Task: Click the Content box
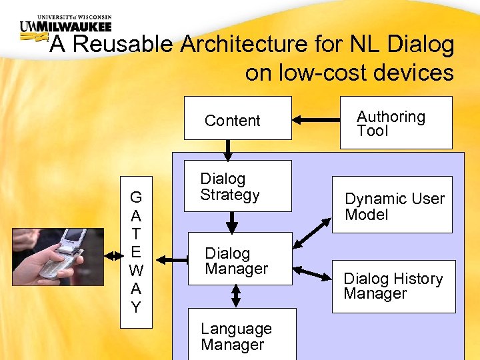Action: pos(237,118)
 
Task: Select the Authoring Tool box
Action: pos(405,123)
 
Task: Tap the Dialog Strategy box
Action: pos(237,186)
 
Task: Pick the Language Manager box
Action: pos(241,335)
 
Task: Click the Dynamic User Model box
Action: pos(392,205)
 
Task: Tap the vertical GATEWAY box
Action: pos(136,252)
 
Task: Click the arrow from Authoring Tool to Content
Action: pos(316,121)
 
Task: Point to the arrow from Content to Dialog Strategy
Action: pos(228,150)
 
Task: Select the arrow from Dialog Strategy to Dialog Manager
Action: pos(232,221)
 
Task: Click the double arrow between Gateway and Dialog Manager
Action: pos(170,260)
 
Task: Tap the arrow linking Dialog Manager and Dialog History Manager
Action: pos(313,273)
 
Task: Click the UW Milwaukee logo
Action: pos(65,27)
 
